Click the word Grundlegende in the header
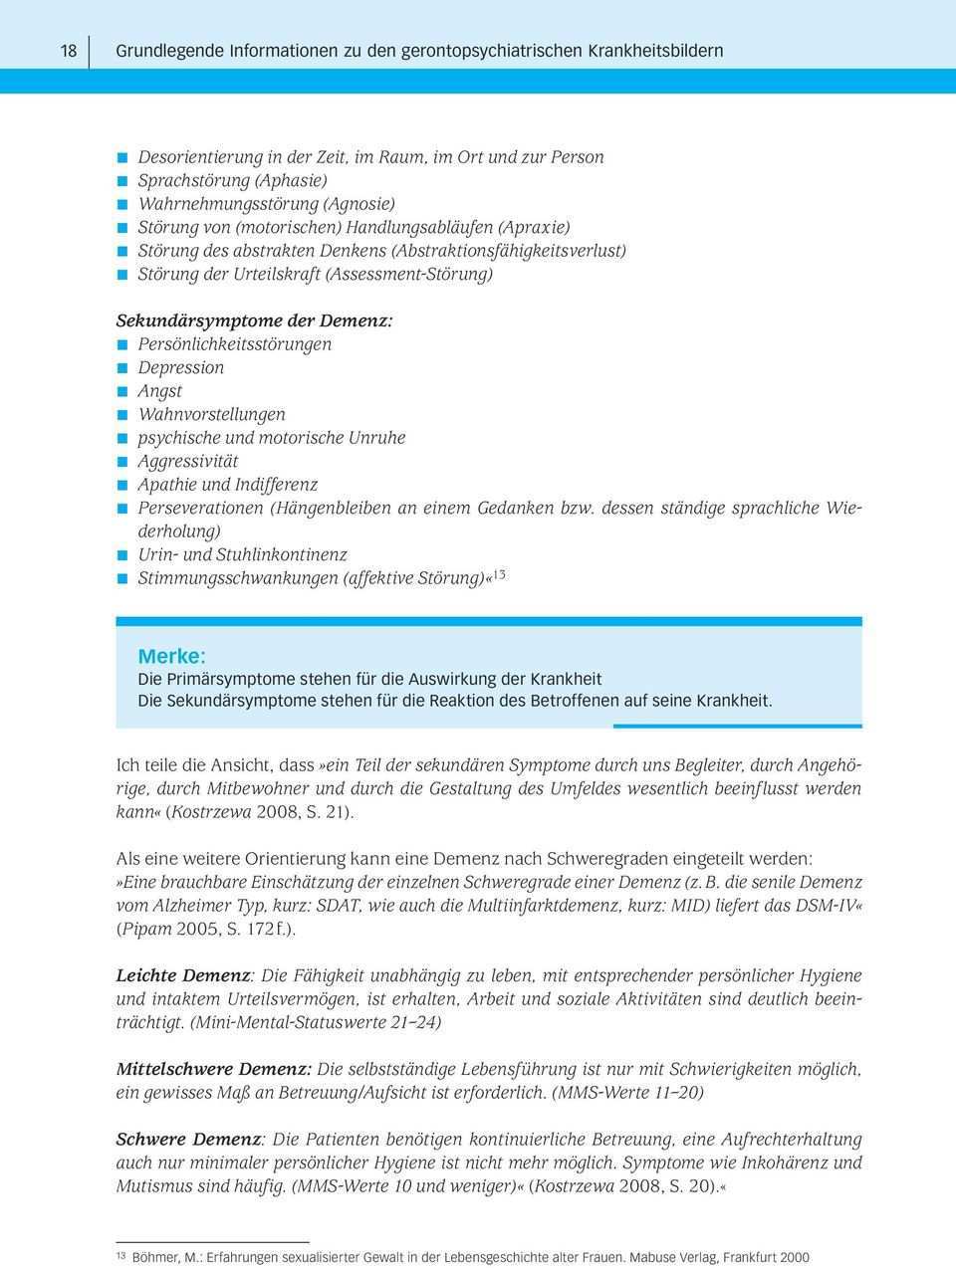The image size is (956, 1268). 164,51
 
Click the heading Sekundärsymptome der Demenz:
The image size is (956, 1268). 255,321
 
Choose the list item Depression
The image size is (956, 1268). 181,367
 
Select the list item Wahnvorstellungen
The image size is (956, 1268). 211,414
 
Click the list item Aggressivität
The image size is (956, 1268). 188,461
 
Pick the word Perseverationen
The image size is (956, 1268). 200,508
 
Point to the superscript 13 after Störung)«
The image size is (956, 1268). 500,574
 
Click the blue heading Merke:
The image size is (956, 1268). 172,657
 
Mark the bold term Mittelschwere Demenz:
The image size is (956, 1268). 214,1069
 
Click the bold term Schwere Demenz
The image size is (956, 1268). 187,1139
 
